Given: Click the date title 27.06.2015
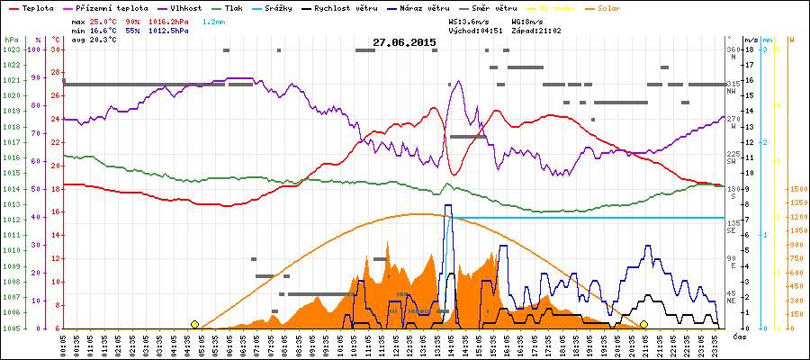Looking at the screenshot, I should pos(404,41).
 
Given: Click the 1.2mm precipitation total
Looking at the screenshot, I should pos(213,20).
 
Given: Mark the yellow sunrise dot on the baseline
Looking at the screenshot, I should pos(194,324).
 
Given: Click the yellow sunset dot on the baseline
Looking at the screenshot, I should pos(643,324).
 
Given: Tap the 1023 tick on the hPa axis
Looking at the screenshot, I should pos(11,49).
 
